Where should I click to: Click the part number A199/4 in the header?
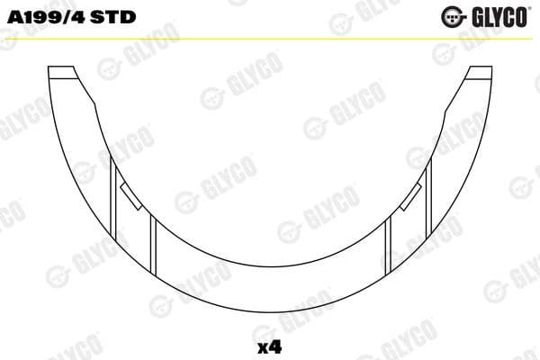[45, 18]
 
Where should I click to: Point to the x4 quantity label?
[270, 345]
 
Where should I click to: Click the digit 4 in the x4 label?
[275, 345]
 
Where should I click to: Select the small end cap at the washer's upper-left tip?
[61, 74]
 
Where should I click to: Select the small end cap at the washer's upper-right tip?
[478, 74]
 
